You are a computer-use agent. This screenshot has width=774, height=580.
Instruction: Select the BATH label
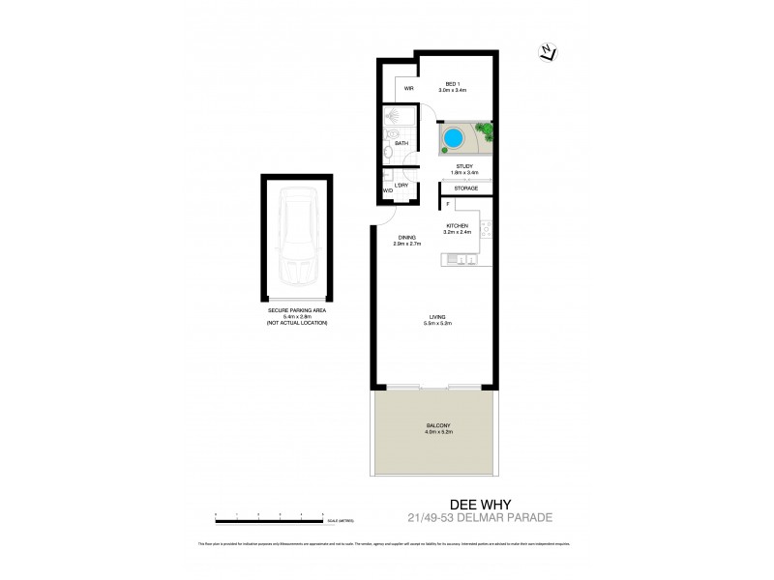coord(402,143)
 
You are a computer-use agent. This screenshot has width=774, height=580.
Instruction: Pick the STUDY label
coord(464,167)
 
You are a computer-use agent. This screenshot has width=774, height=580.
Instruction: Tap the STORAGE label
coord(466,188)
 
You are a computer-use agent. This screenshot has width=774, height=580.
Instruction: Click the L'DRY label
coord(401,185)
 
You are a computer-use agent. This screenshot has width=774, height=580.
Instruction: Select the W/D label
coord(388,191)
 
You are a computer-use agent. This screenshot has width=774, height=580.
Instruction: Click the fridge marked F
coord(447,204)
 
